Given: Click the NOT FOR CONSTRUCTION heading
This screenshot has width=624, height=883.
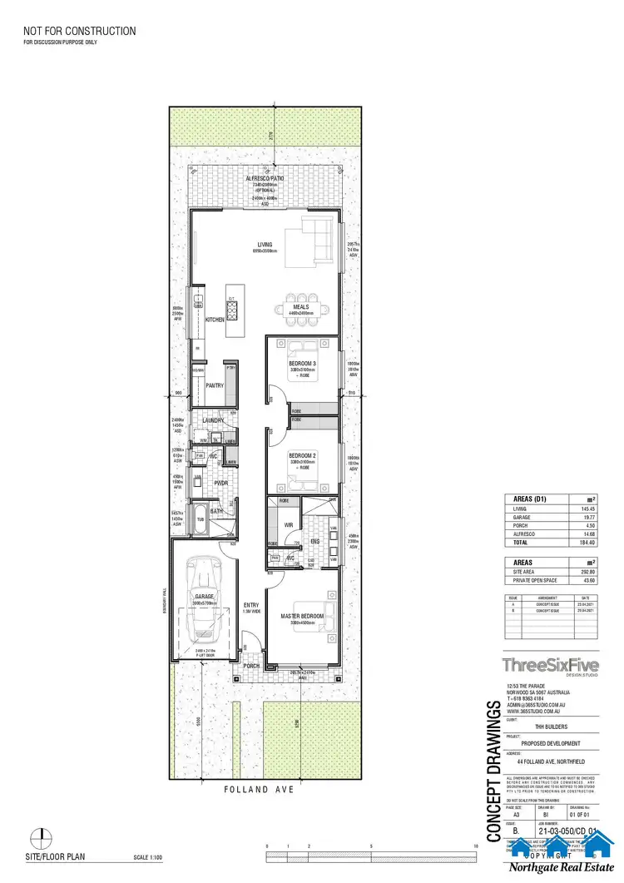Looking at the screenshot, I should click(x=80, y=32).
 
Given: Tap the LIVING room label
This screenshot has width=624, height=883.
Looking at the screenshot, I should click(x=265, y=245).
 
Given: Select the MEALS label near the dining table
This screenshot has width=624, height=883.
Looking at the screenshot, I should click(x=300, y=306).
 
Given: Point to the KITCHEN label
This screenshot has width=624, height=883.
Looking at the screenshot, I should click(x=215, y=320).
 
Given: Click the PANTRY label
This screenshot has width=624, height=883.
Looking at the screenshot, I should click(x=215, y=385).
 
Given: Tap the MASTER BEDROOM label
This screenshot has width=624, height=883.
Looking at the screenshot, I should click(x=301, y=616).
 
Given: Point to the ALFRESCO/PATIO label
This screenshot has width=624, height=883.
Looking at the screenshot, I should click(x=265, y=179).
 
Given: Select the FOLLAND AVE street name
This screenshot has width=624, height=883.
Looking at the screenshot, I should click(x=260, y=788).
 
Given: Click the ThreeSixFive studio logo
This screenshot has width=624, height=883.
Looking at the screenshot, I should click(x=549, y=665).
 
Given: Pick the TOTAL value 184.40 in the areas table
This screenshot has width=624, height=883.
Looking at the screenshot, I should click(x=588, y=542).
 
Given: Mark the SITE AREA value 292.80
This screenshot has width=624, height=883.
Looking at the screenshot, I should click(x=588, y=572).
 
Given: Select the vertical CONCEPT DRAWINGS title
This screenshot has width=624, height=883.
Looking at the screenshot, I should click(x=492, y=771).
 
